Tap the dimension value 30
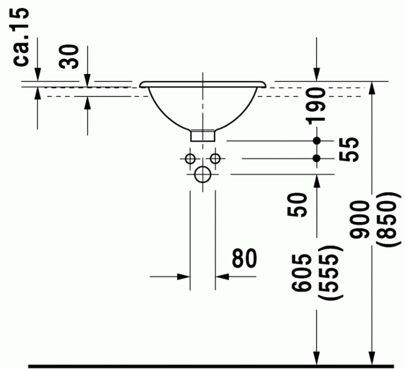click(x=71, y=57)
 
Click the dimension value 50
click(x=299, y=204)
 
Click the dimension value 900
click(x=361, y=220)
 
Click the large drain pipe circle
click(x=203, y=174)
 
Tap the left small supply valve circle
click(x=190, y=158)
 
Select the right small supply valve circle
click(x=215, y=158)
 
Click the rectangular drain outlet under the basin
click(x=203, y=135)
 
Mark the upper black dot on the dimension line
click(x=316, y=141)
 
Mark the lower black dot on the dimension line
click(x=316, y=158)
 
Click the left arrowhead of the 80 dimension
click(x=185, y=276)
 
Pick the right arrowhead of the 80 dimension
click(x=222, y=276)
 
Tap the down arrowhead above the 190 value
click(x=316, y=75)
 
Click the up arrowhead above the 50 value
click(x=316, y=180)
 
